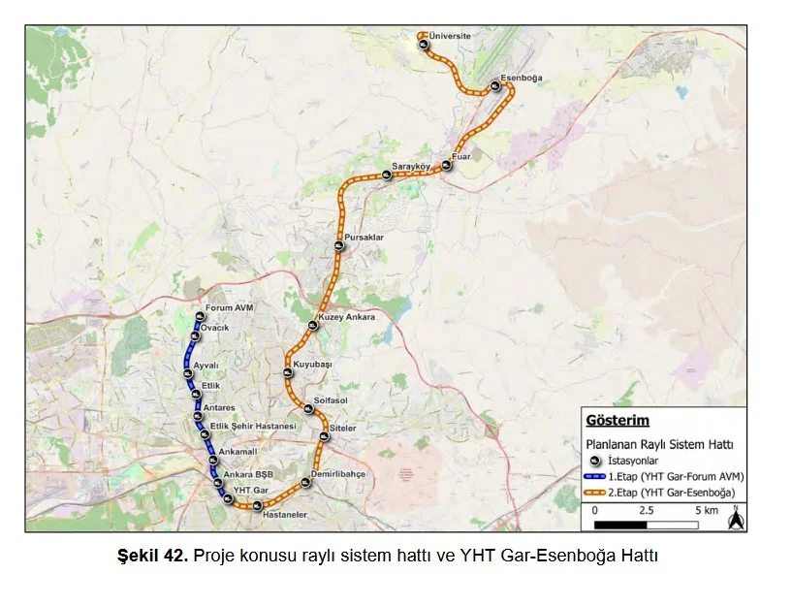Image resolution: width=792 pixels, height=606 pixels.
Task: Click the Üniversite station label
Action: point(450,36)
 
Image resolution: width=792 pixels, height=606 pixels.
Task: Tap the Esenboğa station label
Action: point(522,78)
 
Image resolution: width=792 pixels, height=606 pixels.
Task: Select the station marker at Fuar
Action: point(446,166)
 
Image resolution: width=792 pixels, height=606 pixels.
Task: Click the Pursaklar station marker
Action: point(339,246)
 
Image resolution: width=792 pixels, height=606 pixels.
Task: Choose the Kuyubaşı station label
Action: point(313,364)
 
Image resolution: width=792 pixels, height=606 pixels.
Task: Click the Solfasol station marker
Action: point(306,408)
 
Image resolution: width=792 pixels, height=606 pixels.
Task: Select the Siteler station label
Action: point(343,428)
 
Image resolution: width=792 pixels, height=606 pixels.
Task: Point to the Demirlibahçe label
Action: point(337,474)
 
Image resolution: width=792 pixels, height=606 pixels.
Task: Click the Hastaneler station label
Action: point(286,515)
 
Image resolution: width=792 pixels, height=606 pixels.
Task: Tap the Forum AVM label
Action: point(229,308)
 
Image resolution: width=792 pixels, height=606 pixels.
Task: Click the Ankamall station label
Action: point(238,452)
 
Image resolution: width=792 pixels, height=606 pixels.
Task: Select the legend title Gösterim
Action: point(618,421)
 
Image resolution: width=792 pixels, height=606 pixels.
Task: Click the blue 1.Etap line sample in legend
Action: point(594,477)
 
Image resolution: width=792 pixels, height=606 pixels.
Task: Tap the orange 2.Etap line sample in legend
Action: point(594,494)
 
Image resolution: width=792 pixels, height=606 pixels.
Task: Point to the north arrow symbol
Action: point(735,519)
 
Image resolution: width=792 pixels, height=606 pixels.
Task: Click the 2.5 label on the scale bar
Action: point(647,510)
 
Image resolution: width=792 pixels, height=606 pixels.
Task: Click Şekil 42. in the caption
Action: point(152,556)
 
